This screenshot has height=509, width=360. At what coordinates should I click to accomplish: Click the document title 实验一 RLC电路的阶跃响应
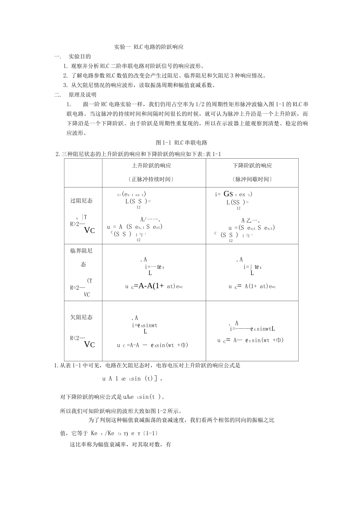tap(149, 47)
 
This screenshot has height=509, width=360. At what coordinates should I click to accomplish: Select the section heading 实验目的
tap(80, 57)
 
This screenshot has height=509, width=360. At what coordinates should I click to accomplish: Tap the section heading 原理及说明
tap(82, 95)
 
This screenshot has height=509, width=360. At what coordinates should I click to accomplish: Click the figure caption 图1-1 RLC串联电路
tap(182, 143)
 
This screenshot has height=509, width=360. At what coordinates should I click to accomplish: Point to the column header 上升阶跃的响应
tap(151, 166)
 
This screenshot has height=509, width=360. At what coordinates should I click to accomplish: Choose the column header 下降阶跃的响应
tap(252, 166)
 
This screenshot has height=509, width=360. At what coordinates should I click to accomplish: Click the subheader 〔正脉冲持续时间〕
tap(151, 179)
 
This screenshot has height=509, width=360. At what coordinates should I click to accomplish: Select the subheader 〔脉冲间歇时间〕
tap(252, 179)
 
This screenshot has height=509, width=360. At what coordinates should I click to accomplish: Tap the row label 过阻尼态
tap(81, 201)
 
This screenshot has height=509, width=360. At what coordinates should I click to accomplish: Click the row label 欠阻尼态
tap(81, 317)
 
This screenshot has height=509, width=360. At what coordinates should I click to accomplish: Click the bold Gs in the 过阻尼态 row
tap(228, 194)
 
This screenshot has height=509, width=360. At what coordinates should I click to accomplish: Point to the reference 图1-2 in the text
tap(152, 411)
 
